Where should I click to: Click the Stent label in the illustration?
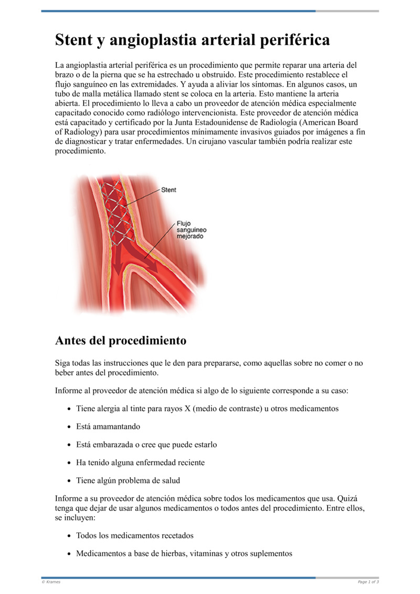pos(169,189)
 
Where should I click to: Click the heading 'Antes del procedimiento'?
pos(120,341)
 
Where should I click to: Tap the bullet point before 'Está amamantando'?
pos(70,427)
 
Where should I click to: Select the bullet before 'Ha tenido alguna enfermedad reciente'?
pos(70,463)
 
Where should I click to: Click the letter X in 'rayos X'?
pos(187,408)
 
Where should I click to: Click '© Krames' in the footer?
pos(51,582)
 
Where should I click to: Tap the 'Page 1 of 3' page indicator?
pos(368,582)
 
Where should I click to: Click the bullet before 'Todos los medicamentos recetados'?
pos(70,536)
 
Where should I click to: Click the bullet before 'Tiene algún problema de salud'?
pos(70,481)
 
